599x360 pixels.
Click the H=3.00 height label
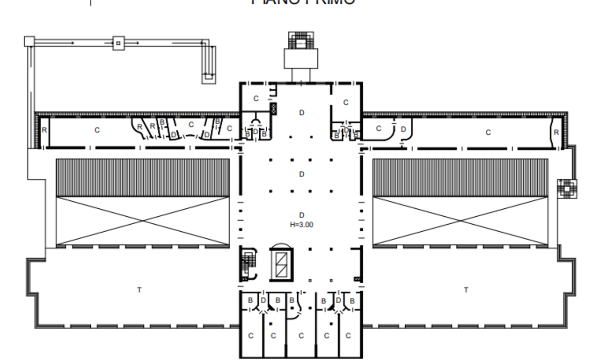pyautogui.click(x=301, y=225)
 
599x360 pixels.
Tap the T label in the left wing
pyautogui.click(x=139, y=290)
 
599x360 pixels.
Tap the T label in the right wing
pyautogui.click(x=466, y=290)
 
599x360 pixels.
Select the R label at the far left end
pyautogui.click(x=44, y=130)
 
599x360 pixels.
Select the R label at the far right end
pyautogui.click(x=556, y=132)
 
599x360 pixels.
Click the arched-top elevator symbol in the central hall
pyautogui.click(x=283, y=263)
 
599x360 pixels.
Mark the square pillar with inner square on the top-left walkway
pyautogui.click(x=118, y=43)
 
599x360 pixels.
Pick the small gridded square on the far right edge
pyautogui.click(x=566, y=188)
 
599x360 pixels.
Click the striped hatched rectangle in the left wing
pyautogui.click(x=143, y=177)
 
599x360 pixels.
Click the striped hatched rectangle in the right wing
pyautogui.click(x=460, y=177)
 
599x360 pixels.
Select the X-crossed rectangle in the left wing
pyautogui.click(x=143, y=220)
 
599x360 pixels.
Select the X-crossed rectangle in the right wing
pyautogui.click(x=460, y=220)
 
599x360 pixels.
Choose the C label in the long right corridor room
pyautogui.click(x=488, y=132)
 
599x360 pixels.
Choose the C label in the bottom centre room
pyautogui.click(x=301, y=336)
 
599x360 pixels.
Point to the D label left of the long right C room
pyautogui.click(x=403, y=129)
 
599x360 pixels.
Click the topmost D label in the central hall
pyautogui.click(x=302, y=112)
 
